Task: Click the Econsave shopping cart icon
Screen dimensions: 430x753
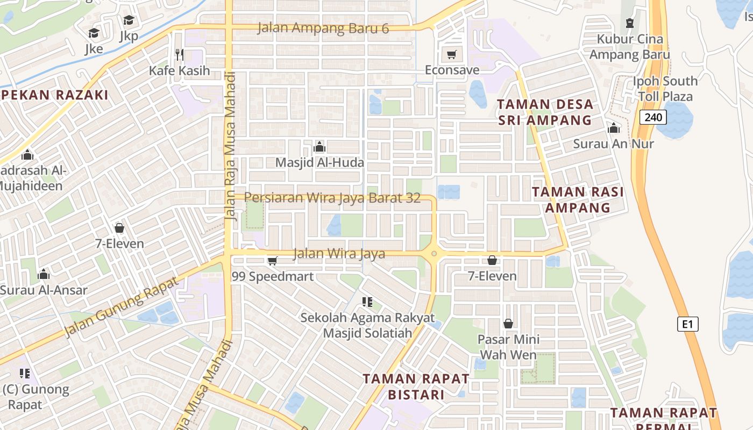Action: [451, 54]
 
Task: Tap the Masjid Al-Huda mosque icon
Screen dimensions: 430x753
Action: [319, 147]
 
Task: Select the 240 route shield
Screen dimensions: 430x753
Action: [653, 117]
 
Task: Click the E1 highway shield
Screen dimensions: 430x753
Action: [687, 324]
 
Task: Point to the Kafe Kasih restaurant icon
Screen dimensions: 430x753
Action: [180, 54]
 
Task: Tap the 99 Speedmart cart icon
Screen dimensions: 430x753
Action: [272, 261]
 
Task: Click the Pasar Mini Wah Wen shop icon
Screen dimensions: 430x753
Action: [508, 324]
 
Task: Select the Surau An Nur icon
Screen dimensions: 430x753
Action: [613, 128]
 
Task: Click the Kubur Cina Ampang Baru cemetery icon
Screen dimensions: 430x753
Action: [629, 23]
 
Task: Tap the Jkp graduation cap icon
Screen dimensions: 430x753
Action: [129, 20]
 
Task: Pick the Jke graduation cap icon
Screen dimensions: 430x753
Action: [94, 33]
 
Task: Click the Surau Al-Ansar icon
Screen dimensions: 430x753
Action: [44, 275]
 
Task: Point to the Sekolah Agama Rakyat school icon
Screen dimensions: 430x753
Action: [367, 302]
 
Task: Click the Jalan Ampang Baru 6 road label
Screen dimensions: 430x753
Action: [323, 28]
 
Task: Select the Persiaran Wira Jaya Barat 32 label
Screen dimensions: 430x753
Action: [332, 198]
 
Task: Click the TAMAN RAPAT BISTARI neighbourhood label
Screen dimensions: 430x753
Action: [416, 386]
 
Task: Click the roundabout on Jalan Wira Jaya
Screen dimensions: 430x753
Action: [434, 254]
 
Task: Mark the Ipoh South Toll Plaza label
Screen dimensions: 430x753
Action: [665, 89]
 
